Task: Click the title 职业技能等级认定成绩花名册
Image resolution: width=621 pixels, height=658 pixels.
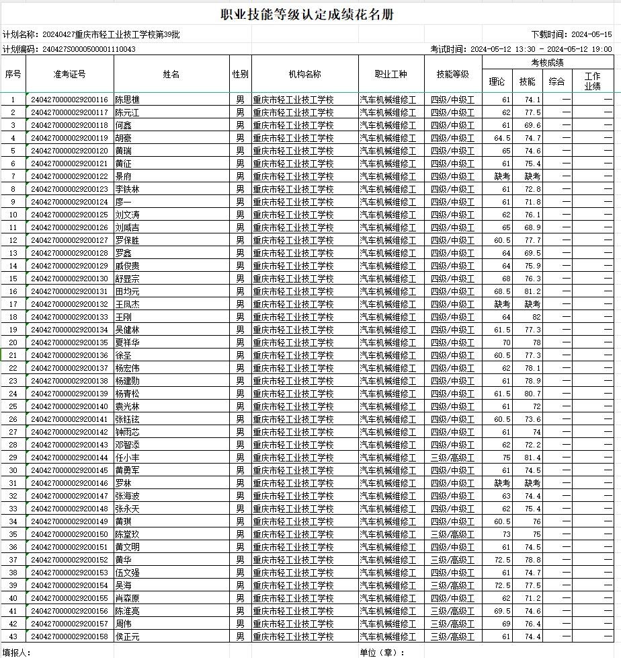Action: coord(308,14)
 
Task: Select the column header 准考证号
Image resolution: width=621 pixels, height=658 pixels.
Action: coord(70,74)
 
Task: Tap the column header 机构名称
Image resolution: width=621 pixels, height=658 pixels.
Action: coord(304,74)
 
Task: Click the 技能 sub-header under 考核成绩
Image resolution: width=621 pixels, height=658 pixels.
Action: coord(528,82)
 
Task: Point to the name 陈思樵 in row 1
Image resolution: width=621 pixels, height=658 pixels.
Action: coord(127,100)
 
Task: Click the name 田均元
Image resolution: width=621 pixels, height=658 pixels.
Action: coord(127,291)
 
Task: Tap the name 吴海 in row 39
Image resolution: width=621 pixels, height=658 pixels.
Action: coord(123,585)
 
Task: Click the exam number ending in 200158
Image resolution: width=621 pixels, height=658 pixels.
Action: coord(69,636)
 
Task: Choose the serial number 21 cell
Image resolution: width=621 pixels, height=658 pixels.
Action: coord(13,355)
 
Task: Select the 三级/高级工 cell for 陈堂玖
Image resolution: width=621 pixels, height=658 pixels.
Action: coord(452,534)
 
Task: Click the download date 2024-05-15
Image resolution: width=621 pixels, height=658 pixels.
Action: coord(591,34)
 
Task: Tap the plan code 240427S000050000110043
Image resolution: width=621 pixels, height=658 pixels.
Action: coord(88,49)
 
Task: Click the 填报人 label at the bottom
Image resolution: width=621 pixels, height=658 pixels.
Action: coord(16,653)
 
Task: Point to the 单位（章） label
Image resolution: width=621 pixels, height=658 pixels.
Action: coord(382,653)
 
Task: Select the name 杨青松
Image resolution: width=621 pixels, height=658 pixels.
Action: coord(127,394)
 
